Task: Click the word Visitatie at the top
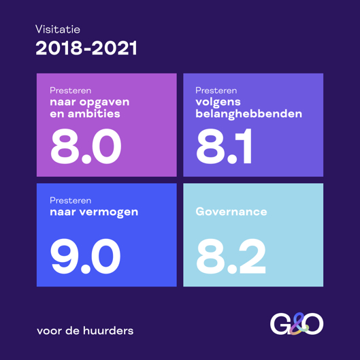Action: click(x=58, y=29)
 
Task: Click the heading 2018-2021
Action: click(x=86, y=48)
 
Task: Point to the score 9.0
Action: click(x=86, y=257)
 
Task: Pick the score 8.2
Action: click(x=231, y=257)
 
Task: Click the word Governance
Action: click(x=231, y=212)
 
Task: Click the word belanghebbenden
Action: click(x=248, y=114)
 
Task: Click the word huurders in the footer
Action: click(x=108, y=331)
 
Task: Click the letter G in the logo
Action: click(x=280, y=325)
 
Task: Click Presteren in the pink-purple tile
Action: click(x=70, y=91)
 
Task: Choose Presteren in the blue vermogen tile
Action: click(x=70, y=201)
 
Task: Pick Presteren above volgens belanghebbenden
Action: click(x=216, y=91)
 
